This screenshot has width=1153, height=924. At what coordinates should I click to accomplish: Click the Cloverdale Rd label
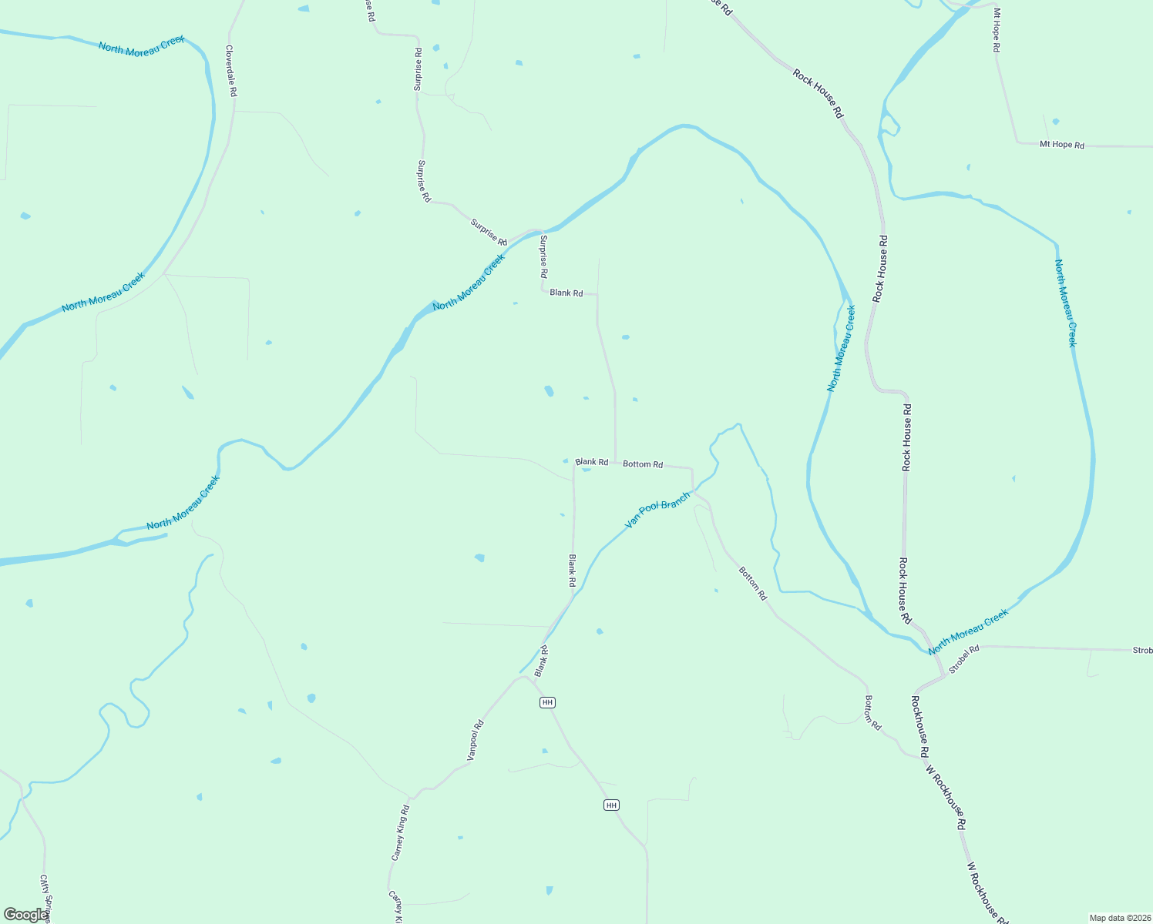(x=230, y=70)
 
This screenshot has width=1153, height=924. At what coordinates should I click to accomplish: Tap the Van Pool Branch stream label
(x=657, y=511)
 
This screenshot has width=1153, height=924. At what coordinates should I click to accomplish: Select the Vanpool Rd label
(x=476, y=740)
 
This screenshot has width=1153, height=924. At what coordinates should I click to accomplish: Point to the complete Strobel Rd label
(x=963, y=660)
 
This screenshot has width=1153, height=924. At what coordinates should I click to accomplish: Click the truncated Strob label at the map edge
(x=1142, y=651)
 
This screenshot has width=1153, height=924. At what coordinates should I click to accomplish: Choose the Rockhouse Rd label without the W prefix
(x=919, y=726)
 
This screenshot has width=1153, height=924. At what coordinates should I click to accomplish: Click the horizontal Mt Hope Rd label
(x=1061, y=145)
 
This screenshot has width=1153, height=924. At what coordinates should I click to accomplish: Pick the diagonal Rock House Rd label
(x=818, y=93)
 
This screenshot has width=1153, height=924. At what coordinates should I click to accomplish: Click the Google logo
(x=25, y=915)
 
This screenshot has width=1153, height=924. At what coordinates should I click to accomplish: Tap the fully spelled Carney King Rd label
(x=400, y=832)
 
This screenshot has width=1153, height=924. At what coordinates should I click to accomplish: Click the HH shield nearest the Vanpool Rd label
(x=547, y=702)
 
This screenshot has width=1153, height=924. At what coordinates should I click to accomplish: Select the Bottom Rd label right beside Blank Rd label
(x=643, y=464)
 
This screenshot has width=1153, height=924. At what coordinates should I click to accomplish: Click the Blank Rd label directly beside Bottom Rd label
(x=592, y=462)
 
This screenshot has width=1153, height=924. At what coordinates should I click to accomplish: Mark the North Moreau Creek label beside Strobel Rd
(x=968, y=632)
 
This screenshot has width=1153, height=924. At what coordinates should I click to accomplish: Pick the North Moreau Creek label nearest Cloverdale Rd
(x=142, y=46)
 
